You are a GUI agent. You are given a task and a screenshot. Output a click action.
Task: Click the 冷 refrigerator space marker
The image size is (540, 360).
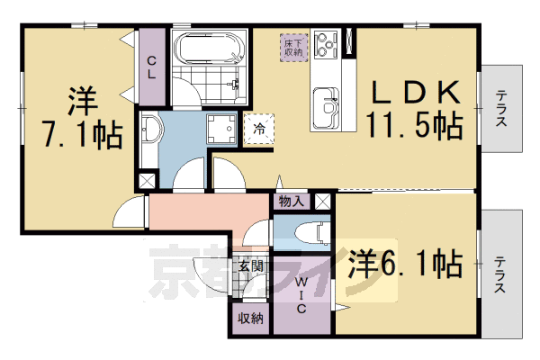[x=259, y=129]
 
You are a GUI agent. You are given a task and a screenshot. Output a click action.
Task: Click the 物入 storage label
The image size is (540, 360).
[x=292, y=202]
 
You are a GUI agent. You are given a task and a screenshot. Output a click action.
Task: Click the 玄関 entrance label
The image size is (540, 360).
[x=251, y=266]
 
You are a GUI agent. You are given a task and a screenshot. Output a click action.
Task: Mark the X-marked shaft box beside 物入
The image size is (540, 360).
[x=323, y=201]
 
